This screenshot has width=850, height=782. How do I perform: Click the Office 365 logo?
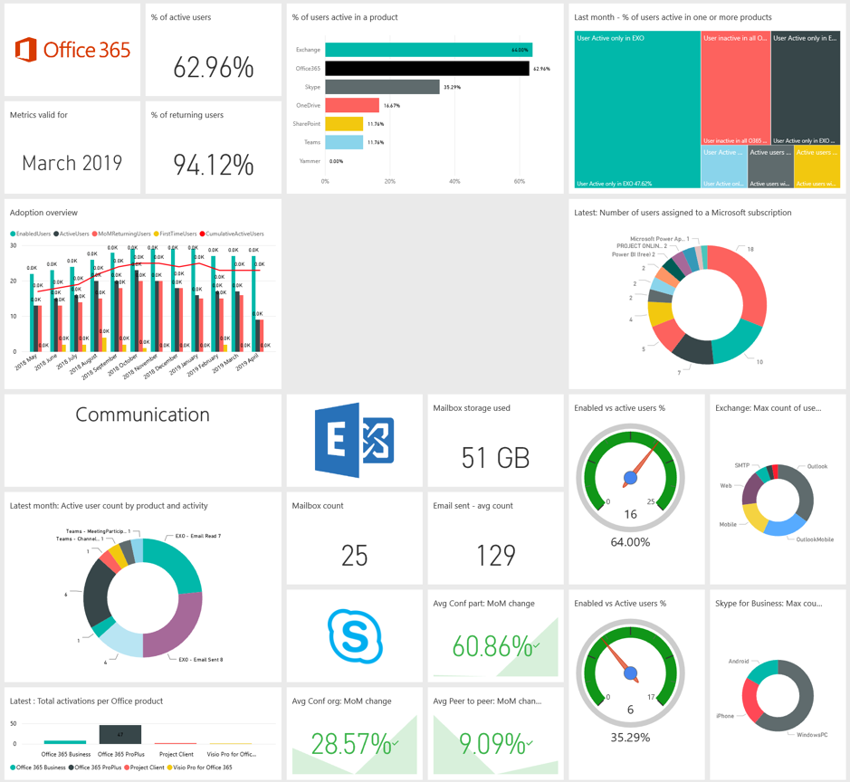(x=72, y=49)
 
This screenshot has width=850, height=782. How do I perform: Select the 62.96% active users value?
(x=213, y=67)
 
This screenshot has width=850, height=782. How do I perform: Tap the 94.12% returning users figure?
(x=213, y=164)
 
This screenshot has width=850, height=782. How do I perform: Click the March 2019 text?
(x=72, y=164)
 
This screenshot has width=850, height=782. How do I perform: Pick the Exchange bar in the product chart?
(x=428, y=50)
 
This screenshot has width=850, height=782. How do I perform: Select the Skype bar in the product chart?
(x=382, y=87)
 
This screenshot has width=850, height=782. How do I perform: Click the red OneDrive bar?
(x=352, y=106)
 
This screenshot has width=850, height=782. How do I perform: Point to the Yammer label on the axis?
(x=310, y=161)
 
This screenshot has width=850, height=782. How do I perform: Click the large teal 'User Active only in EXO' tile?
(x=637, y=109)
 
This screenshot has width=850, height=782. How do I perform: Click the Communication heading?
(x=142, y=415)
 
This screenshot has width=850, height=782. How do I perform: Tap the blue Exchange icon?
(x=354, y=440)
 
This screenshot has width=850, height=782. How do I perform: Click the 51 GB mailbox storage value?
(x=495, y=457)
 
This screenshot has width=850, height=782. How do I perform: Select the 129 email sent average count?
(x=495, y=555)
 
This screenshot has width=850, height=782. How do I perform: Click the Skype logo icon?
(x=354, y=635)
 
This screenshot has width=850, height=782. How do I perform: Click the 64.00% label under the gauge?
(x=630, y=542)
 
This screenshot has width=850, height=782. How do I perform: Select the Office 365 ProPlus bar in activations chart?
(x=120, y=734)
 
